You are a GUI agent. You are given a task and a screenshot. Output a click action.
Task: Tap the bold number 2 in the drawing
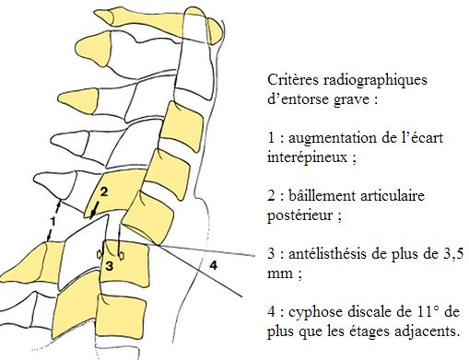pyautogui.click(x=105, y=192)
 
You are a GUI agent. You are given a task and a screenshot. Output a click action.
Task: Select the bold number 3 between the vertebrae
pyautogui.click(x=108, y=264)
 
